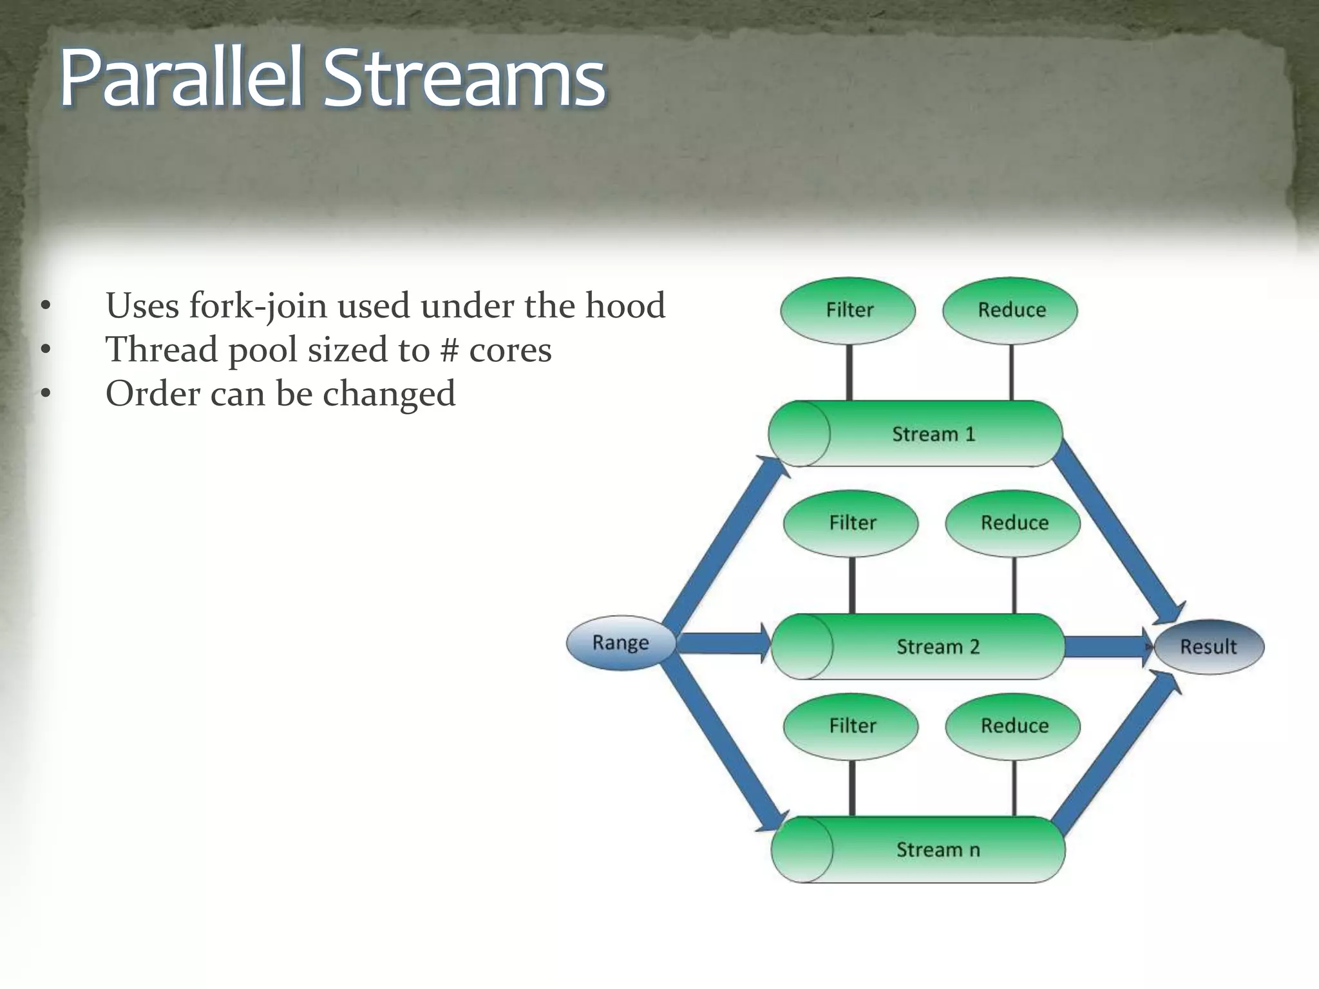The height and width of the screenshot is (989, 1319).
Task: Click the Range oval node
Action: tap(621, 643)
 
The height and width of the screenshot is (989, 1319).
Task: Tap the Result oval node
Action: tap(1209, 646)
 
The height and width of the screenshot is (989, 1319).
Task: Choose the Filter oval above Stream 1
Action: tap(848, 310)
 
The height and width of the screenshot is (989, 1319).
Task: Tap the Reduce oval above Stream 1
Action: tap(1010, 310)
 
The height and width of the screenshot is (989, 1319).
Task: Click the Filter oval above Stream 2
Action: tap(851, 523)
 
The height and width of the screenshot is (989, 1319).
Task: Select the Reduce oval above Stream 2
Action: tap(1013, 523)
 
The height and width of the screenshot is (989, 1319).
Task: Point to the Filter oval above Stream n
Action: tap(851, 726)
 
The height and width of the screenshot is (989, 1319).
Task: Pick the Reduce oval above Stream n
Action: tap(1013, 726)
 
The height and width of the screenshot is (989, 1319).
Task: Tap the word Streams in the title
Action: tap(464, 80)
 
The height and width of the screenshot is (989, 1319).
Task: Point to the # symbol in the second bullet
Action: tap(449, 350)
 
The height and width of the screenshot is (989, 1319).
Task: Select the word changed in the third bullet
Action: tap(389, 394)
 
